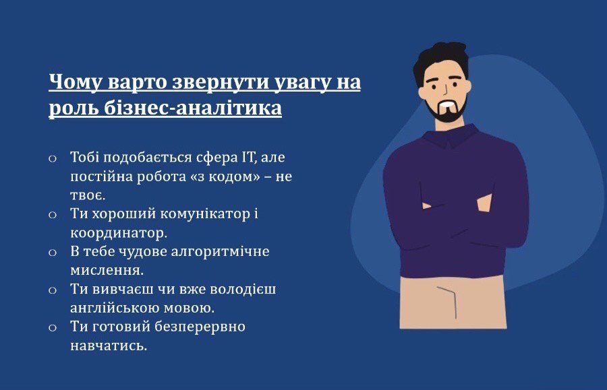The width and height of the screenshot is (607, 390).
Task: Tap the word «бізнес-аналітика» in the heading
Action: pos(193,108)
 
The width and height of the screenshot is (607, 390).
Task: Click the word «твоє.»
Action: pos(88,195)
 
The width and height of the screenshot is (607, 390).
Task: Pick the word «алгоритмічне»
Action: pos(220,252)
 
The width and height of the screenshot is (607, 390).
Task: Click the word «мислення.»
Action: pos(107,270)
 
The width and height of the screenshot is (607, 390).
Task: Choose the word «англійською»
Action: pos(115,308)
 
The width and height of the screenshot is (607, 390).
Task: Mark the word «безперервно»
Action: pos(200,327)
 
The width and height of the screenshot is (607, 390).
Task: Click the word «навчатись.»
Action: pos(109,346)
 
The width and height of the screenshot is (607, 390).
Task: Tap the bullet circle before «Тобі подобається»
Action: pos(53,158)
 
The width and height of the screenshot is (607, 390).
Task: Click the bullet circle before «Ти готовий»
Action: pos(53,328)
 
